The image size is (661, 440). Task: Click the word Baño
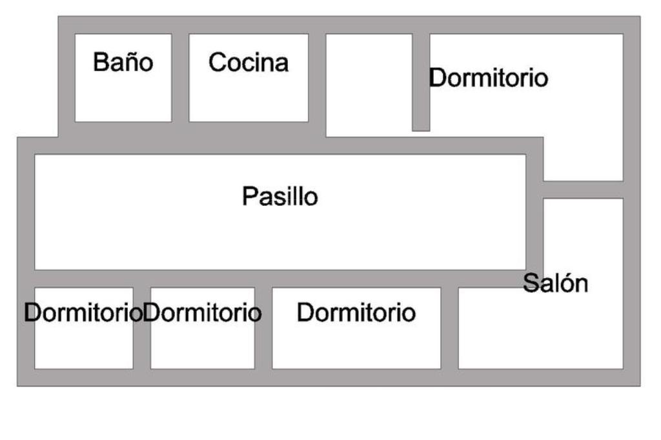pyautogui.click(x=123, y=63)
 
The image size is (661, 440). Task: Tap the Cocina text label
pyautogui.click(x=249, y=63)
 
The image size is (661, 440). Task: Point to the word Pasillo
pyautogui.click(x=280, y=196)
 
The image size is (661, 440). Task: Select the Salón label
pyautogui.click(x=555, y=283)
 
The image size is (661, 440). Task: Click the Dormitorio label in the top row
pyautogui.click(x=489, y=78)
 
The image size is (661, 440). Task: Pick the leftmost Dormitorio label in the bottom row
pyautogui.click(x=83, y=313)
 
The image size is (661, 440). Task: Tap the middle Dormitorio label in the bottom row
pyautogui.click(x=203, y=313)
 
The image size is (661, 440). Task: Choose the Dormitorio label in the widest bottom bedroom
pyautogui.click(x=356, y=313)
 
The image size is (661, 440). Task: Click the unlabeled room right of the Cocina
pyautogui.click(x=369, y=84)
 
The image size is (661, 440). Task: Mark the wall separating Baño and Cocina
pyautogui.click(x=180, y=77)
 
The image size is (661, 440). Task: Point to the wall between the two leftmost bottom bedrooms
pyautogui.click(x=142, y=328)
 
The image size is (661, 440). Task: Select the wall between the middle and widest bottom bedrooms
pyautogui.click(x=263, y=328)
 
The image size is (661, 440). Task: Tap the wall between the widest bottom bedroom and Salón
pyautogui.click(x=449, y=328)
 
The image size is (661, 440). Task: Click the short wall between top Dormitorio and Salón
pyautogui.click(x=584, y=190)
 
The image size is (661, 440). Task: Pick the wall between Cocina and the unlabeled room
pyautogui.click(x=317, y=77)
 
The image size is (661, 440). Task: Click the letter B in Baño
pyautogui.click(x=100, y=63)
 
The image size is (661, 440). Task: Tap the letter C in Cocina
pyautogui.click(x=217, y=63)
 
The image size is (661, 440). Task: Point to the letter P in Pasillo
pyautogui.click(x=249, y=196)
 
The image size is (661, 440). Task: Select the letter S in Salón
pyautogui.click(x=530, y=283)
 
